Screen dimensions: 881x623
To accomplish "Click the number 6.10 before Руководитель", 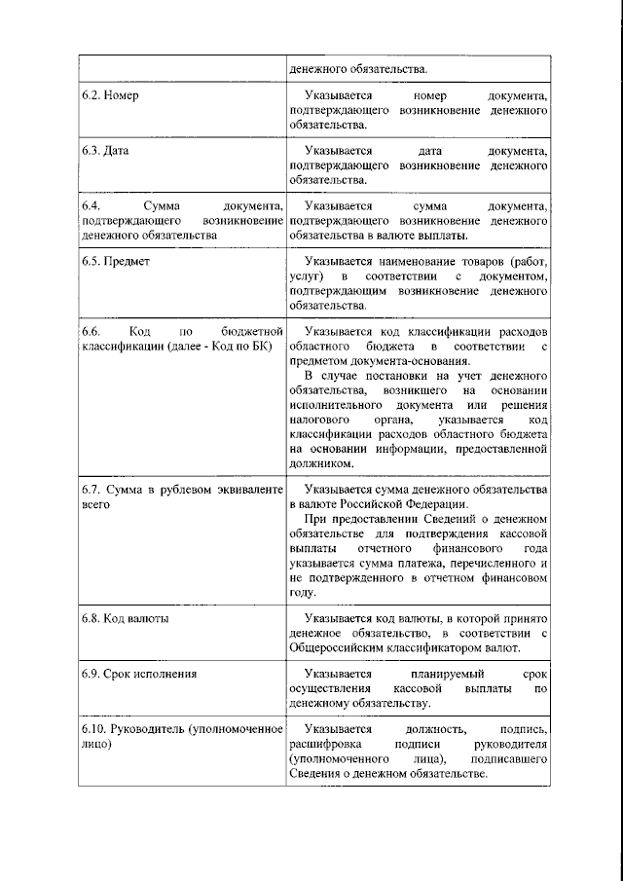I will tap(94, 729).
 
